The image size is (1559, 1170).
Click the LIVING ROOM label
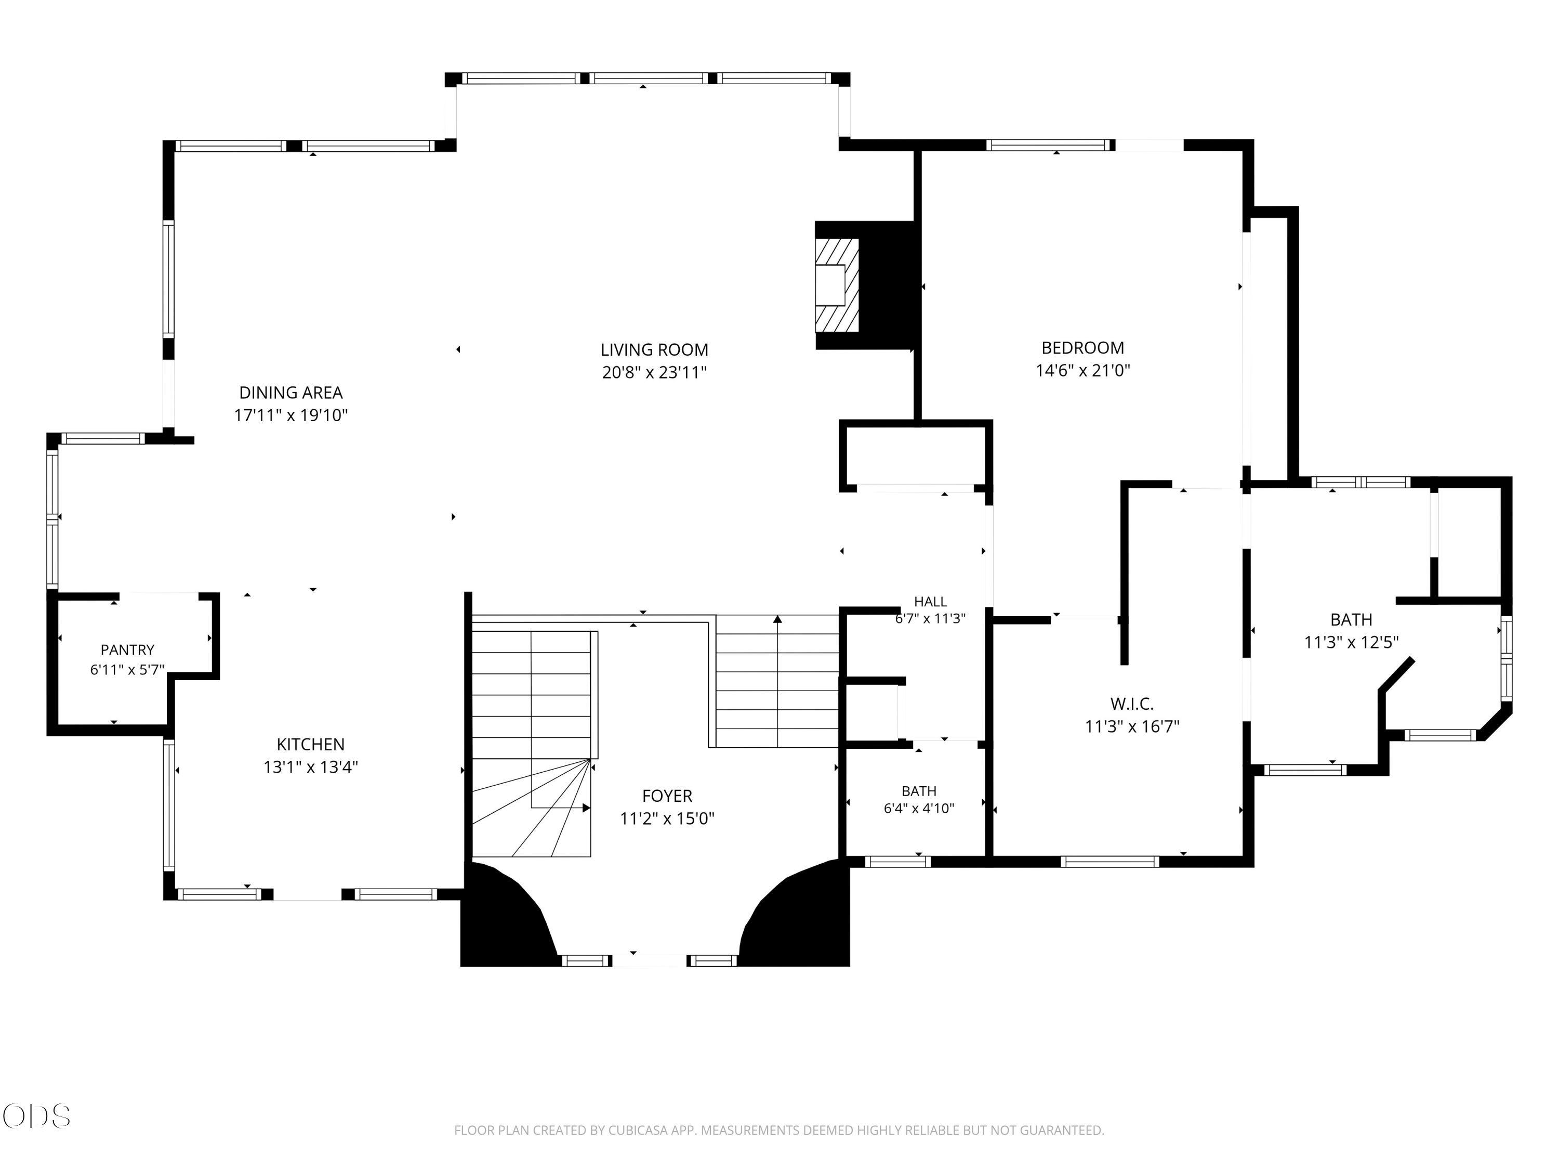tap(654, 350)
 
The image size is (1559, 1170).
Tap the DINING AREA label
tap(291, 393)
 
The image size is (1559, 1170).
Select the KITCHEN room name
tap(310, 744)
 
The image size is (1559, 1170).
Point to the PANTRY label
tap(127, 649)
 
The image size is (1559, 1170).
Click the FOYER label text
tap(667, 796)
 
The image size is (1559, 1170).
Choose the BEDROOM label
tap(1082, 348)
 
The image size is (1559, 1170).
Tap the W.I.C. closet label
tap(1132, 704)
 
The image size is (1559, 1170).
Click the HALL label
tap(930, 602)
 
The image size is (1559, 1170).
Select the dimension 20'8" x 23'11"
tap(654, 372)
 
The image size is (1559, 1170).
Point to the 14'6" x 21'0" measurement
tap(1082, 370)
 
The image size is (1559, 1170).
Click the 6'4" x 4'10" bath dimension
tap(919, 808)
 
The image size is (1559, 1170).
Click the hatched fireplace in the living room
tap(837, 285)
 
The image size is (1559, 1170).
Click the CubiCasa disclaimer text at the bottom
tap(779, 1130)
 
